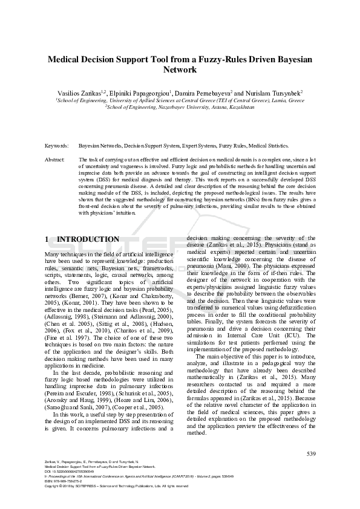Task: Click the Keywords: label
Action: point(56,146)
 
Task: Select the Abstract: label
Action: point(56,160)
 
